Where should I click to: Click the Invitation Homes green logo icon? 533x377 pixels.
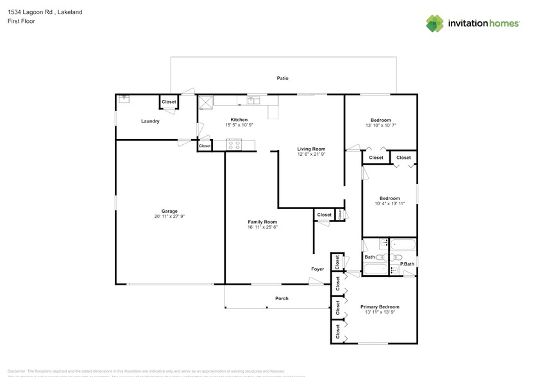click(x=435, y=23)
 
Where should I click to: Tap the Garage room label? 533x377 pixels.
click(x=169, y=211)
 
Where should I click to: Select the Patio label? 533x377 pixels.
click(x=282, y=78)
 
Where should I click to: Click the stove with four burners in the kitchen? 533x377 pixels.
click(x=233, y=145)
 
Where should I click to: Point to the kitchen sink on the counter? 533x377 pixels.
click(x=254, y=100)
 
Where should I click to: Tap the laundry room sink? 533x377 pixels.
click(x=124, y=99)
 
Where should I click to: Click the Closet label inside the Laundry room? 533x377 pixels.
click(x=169, y=102)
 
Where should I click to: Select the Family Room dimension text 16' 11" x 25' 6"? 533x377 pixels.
click(x=262, y=227)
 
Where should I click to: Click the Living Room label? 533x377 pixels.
click(x=311, y=149)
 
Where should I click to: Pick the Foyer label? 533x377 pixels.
click(x=317, y=269)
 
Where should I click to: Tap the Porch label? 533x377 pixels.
click(x=282, y=298)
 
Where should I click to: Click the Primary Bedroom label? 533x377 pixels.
click(x=379, y=307)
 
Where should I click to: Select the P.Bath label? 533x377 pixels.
click(x=407, y=264)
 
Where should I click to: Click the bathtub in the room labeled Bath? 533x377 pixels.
click(x=376, y=270)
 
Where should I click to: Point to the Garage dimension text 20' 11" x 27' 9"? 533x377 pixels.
click(x=169, y=217)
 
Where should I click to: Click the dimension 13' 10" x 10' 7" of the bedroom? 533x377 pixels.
click(x=380, y=125)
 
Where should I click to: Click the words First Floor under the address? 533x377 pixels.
click(x=22, y=21)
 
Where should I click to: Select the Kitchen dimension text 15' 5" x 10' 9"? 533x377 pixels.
click(x=239, y=125)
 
